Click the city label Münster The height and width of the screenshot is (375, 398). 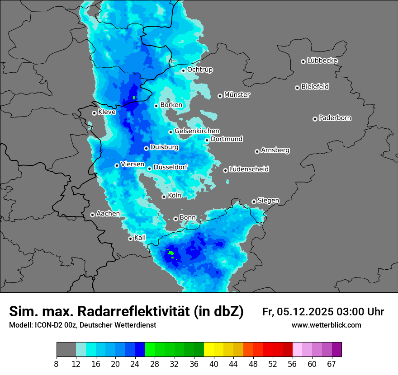(237, 95)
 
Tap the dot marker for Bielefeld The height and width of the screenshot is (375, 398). (297, 88)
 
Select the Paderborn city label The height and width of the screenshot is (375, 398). (335, 118)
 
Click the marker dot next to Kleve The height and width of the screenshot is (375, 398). (94, 113)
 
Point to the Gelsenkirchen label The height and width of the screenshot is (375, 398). (197, 131)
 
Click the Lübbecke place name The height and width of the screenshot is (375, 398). (322, 61)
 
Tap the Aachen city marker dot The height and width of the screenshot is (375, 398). (92, 215)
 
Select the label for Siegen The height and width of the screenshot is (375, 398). (268, 200)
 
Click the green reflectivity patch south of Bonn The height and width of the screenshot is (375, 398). (171, 253)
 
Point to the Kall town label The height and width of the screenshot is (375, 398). (140, 238)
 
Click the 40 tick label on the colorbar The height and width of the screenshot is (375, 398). (213, 364)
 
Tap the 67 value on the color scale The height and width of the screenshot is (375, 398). (332, 364)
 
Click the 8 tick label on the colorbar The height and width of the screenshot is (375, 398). (56, 364)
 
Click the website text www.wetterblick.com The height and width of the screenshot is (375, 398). (326, 325)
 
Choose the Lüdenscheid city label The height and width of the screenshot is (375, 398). (249, 169)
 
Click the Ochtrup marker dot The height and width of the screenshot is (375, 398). (183, 70)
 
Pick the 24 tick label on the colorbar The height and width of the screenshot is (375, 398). (135, 364)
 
